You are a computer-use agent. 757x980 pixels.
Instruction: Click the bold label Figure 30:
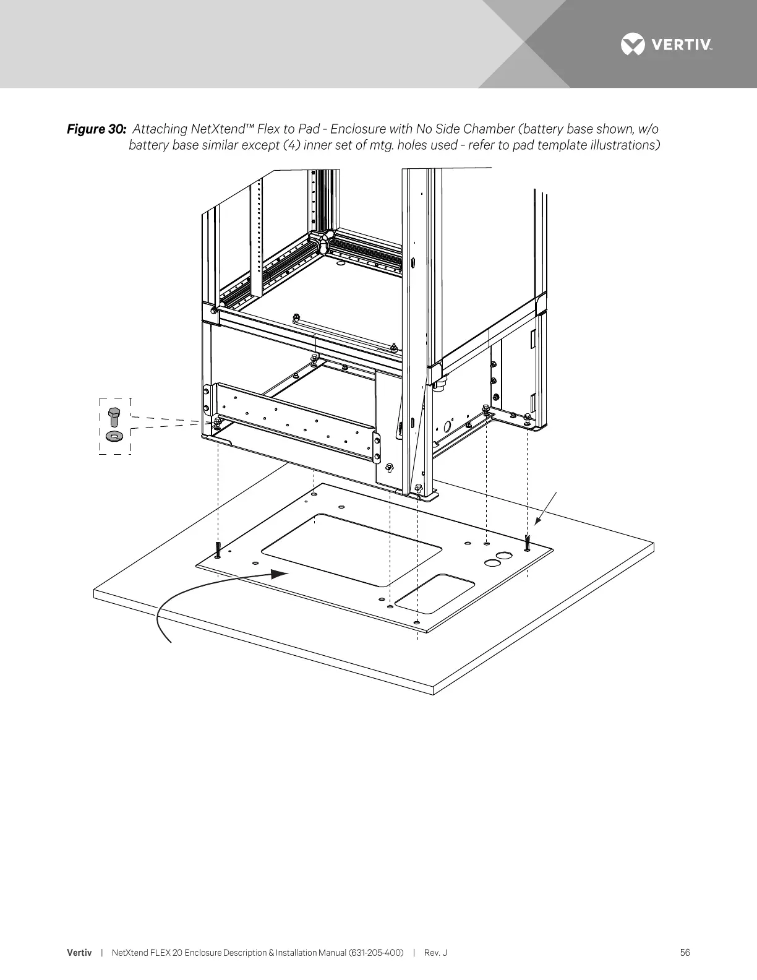click(96, 129)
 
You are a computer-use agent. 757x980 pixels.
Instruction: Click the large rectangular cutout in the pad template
click(351, 550)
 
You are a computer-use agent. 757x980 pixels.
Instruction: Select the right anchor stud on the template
click(526, 542)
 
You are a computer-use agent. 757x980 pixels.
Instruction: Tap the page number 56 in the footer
click(685, 953)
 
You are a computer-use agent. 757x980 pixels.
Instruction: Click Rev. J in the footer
click(435, 953)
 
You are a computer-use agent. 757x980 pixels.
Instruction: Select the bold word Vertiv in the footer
click(79, 953)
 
